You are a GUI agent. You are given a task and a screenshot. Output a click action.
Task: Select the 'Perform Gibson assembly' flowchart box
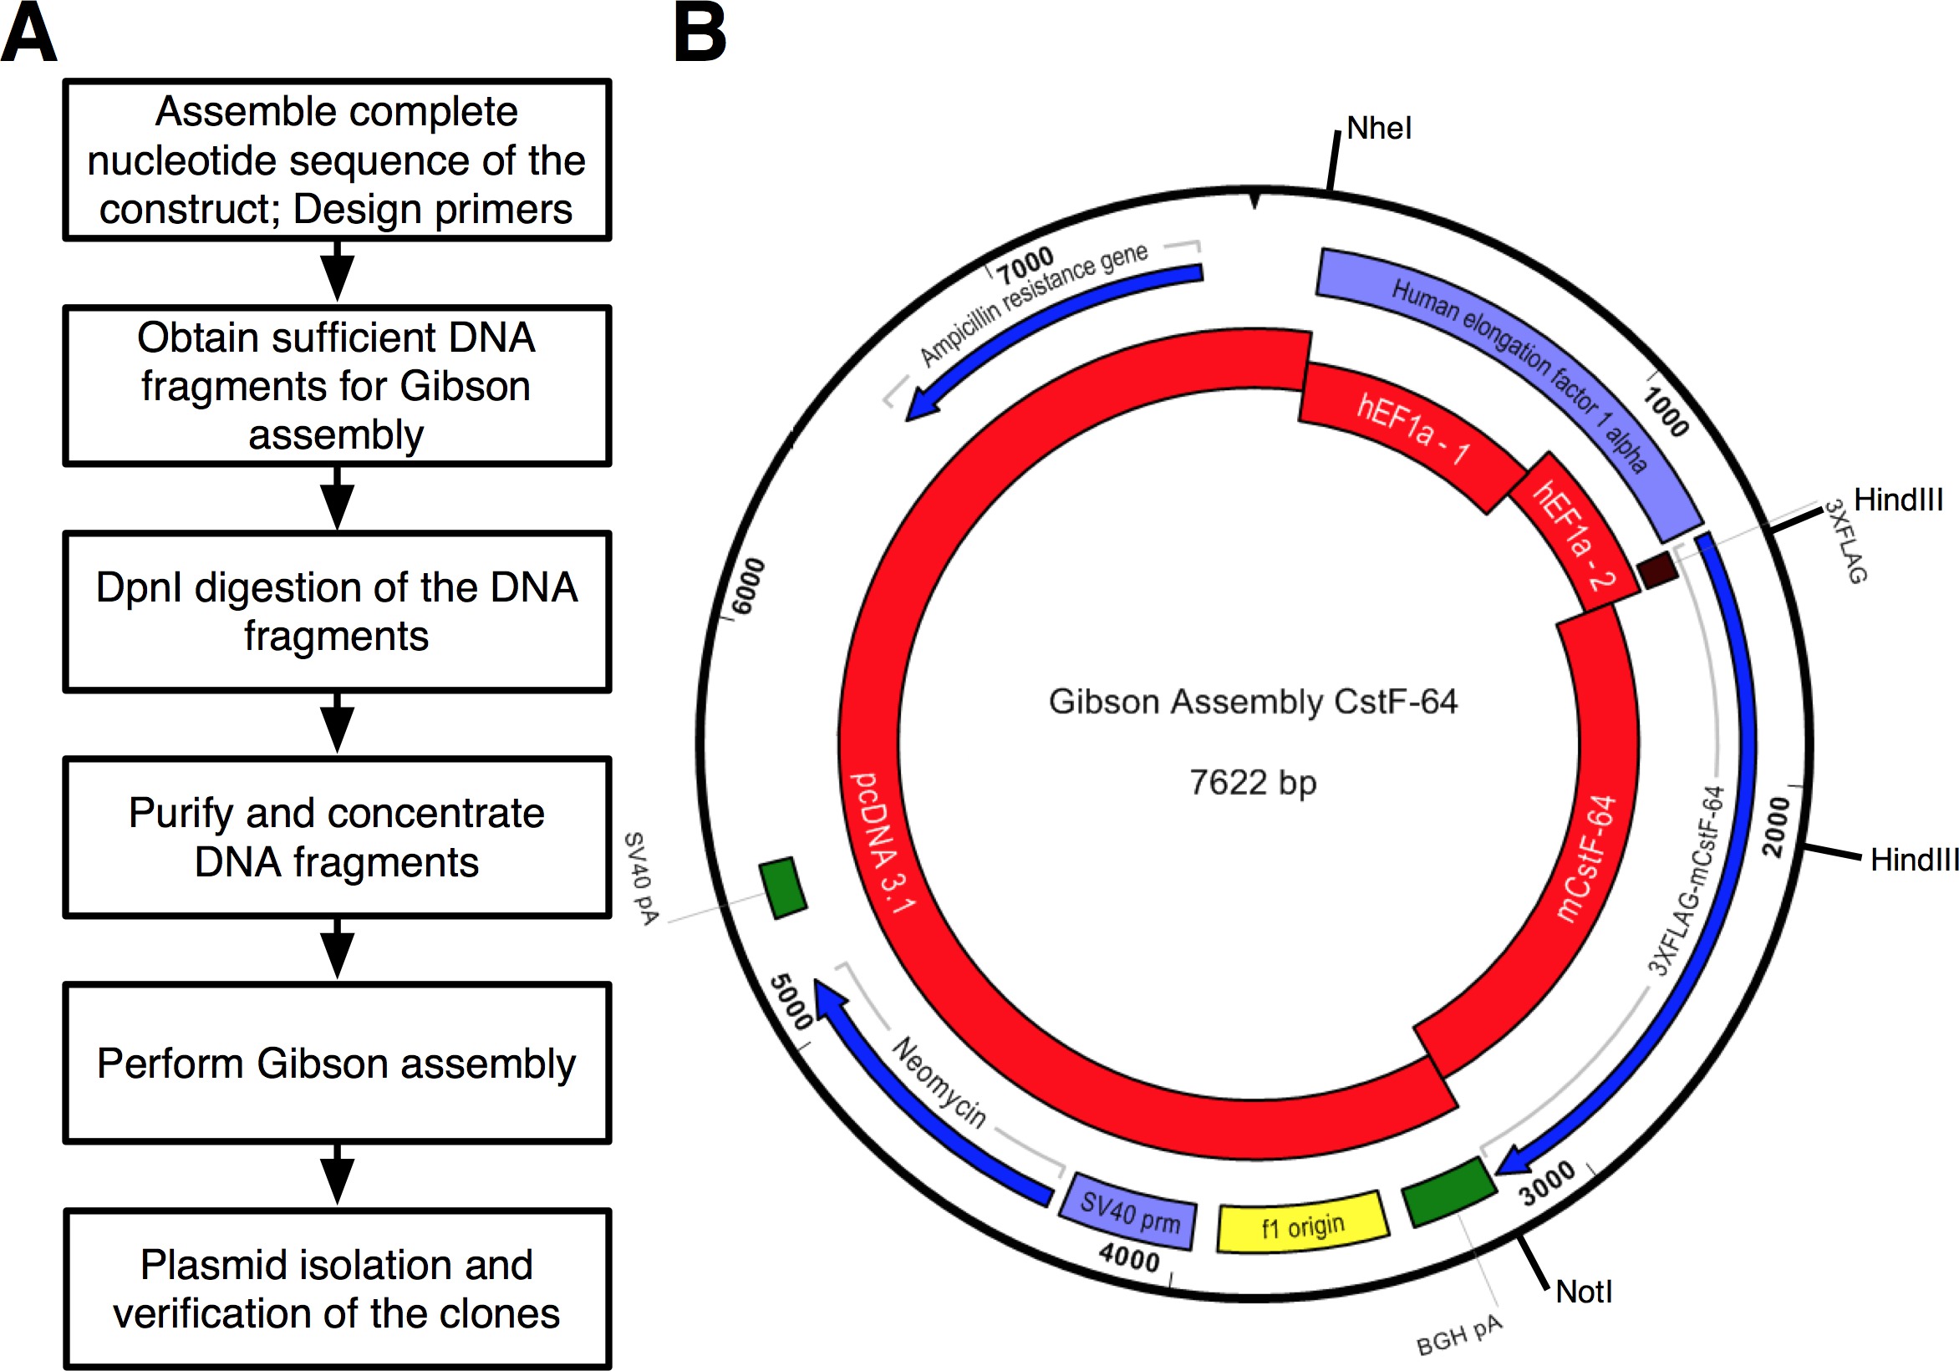(337, 1063)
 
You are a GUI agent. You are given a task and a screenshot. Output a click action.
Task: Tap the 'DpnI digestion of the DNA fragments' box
(337, 612)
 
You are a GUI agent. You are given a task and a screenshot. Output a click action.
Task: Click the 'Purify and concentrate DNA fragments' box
(337, 837)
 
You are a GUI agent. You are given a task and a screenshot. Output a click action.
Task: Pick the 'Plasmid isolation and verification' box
(337, 1288)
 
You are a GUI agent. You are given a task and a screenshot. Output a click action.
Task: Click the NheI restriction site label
(1379, 128)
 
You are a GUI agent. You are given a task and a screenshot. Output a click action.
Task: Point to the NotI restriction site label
(1584, 1292)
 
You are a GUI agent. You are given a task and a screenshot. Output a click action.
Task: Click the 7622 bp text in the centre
(1253, 782)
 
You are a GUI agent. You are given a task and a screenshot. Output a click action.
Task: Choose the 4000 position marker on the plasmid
(1129, 1257)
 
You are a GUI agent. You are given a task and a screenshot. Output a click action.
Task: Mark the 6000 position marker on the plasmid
(749, 586)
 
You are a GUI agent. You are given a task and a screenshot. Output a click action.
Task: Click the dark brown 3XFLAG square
(1658, 569)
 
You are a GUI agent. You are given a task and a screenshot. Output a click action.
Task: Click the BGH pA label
(1458, 1335)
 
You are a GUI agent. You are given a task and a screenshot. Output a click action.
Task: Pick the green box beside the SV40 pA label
(782, 888)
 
